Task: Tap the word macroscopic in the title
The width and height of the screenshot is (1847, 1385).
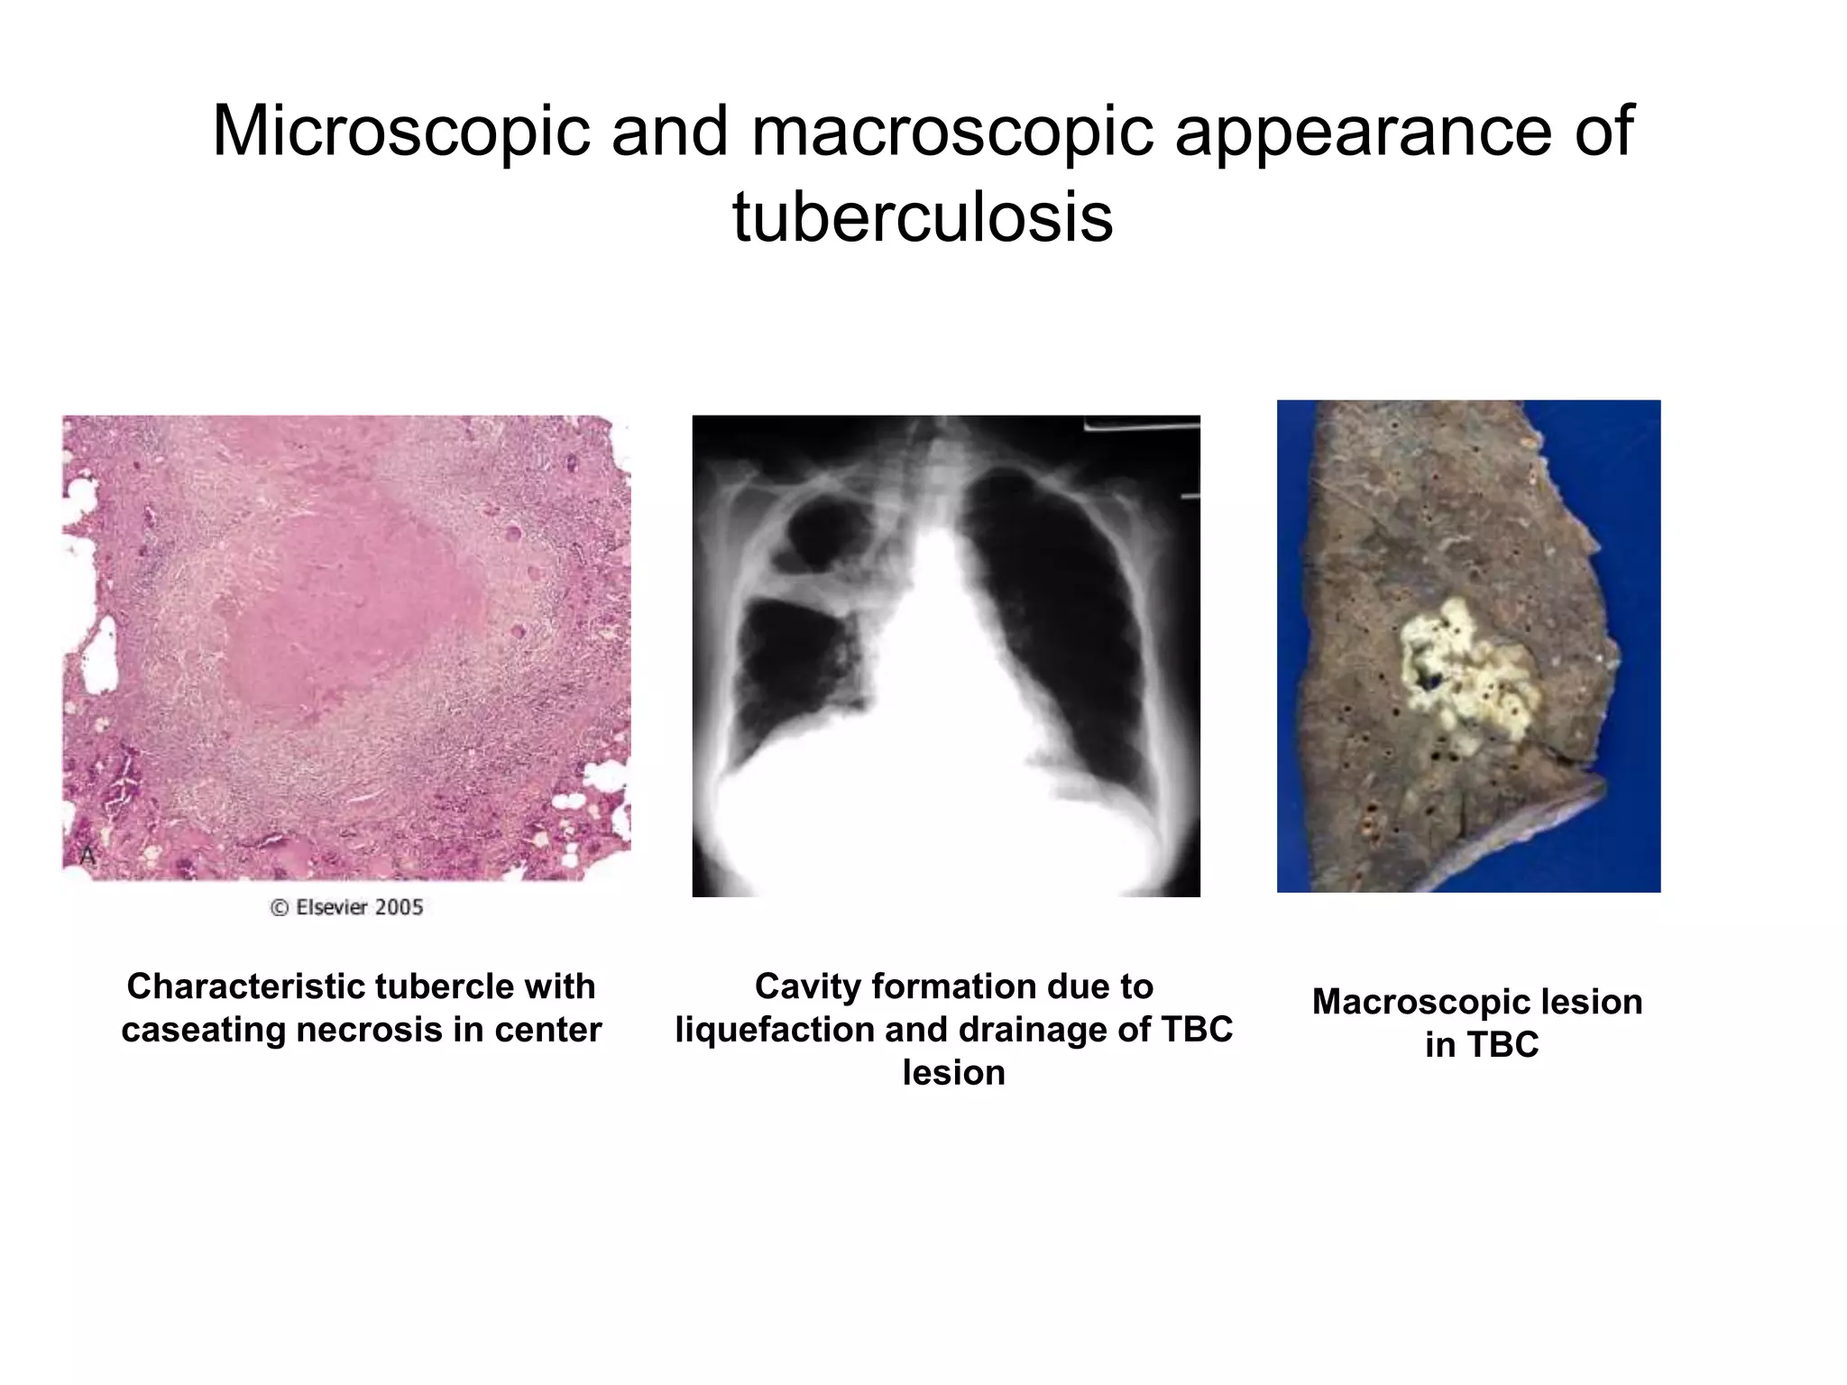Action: (x=951, y=132)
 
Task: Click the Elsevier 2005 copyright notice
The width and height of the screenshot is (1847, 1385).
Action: (x=347, y=907)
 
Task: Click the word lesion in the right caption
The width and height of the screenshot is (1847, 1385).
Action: (x=1592, y=1002)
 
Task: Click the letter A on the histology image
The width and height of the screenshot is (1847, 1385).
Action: (x=87, y=855)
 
